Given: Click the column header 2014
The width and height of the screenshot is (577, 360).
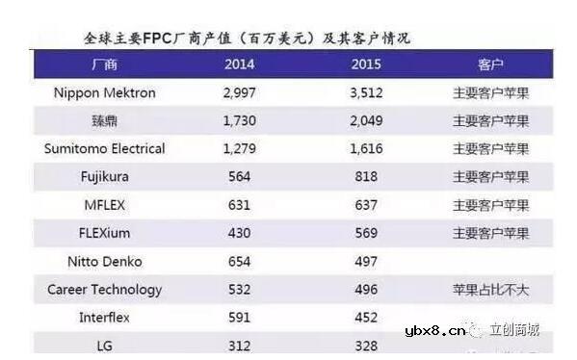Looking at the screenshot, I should pyautogui.click(x=240, y=64).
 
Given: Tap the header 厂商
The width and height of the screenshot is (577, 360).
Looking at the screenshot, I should pyautogui.click(x=104, y=64).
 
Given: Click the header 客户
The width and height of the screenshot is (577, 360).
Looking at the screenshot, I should pyautogui.click(x=490, y=64).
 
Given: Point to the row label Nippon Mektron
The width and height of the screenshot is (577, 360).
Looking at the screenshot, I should pyautogui.click(x=105, y=92).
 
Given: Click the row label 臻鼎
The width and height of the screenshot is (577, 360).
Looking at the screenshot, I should pyautogui.click(x=105, y=120).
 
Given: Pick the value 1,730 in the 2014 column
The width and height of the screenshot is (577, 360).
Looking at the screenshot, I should pyautogui.click(x=240, y=120).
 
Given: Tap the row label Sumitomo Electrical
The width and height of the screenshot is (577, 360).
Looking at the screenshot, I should pyautogui.click(x=105, y=148).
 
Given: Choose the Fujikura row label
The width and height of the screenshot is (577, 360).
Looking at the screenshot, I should pyautogui.click(x=105, y=176).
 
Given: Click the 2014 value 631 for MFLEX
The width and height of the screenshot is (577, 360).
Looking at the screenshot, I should pyautogui.click(x=238, y=204).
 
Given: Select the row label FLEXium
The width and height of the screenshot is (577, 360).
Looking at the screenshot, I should pyautogui.click(x=105, y=233).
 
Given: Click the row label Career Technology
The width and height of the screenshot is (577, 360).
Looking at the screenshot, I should pyautogui.click(x=105, y=289).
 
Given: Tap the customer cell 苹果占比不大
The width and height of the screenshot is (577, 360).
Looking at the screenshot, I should pyautogui.click(x=490, y=289).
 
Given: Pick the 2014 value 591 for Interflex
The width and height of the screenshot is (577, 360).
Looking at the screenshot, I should pyautogui.click(x=238, y=317).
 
